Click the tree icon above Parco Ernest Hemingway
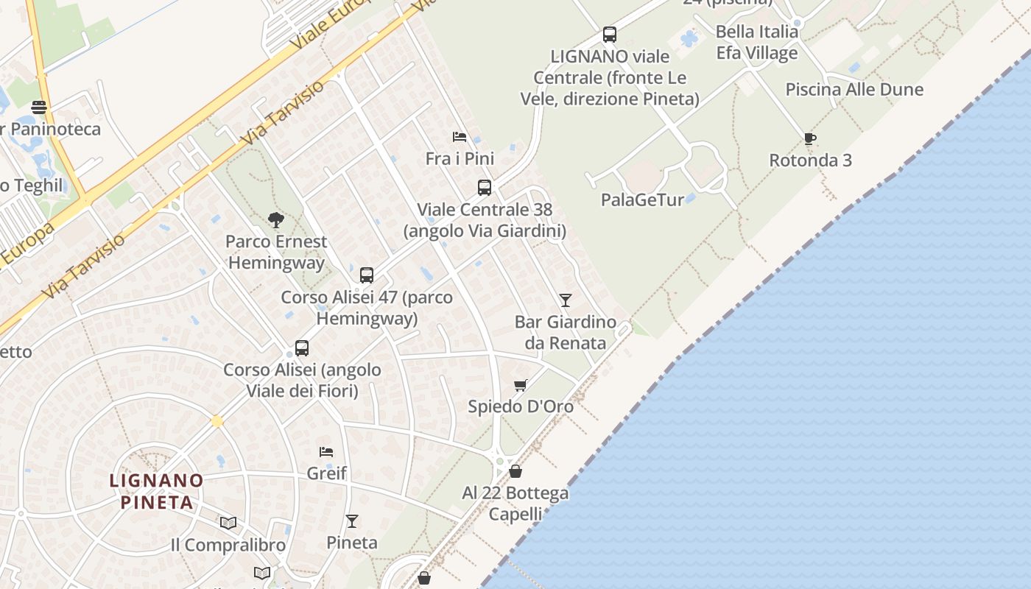click(276, 219)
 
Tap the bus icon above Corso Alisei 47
click(367, 275)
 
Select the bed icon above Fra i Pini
click(460, 137)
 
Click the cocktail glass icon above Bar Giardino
click(566, 300)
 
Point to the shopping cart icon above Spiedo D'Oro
click(521, 385)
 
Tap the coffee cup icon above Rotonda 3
click(810, 138)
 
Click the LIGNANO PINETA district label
click(156, 492)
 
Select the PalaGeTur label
click(642, 200)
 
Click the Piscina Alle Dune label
click(854, 90)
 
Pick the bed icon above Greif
click(326, 451)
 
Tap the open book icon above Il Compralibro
click(228, 523)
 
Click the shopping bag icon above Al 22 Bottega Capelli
click(515, 471)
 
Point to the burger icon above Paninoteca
click(39, 107)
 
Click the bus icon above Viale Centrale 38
click(485, 188)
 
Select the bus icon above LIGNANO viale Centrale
click(610, 34)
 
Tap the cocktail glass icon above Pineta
click(352, 521)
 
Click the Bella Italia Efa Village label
click(757, 42)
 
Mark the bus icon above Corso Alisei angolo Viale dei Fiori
click(302, 348)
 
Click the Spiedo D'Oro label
click(521, 406)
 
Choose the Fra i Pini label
click(460, 158)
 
